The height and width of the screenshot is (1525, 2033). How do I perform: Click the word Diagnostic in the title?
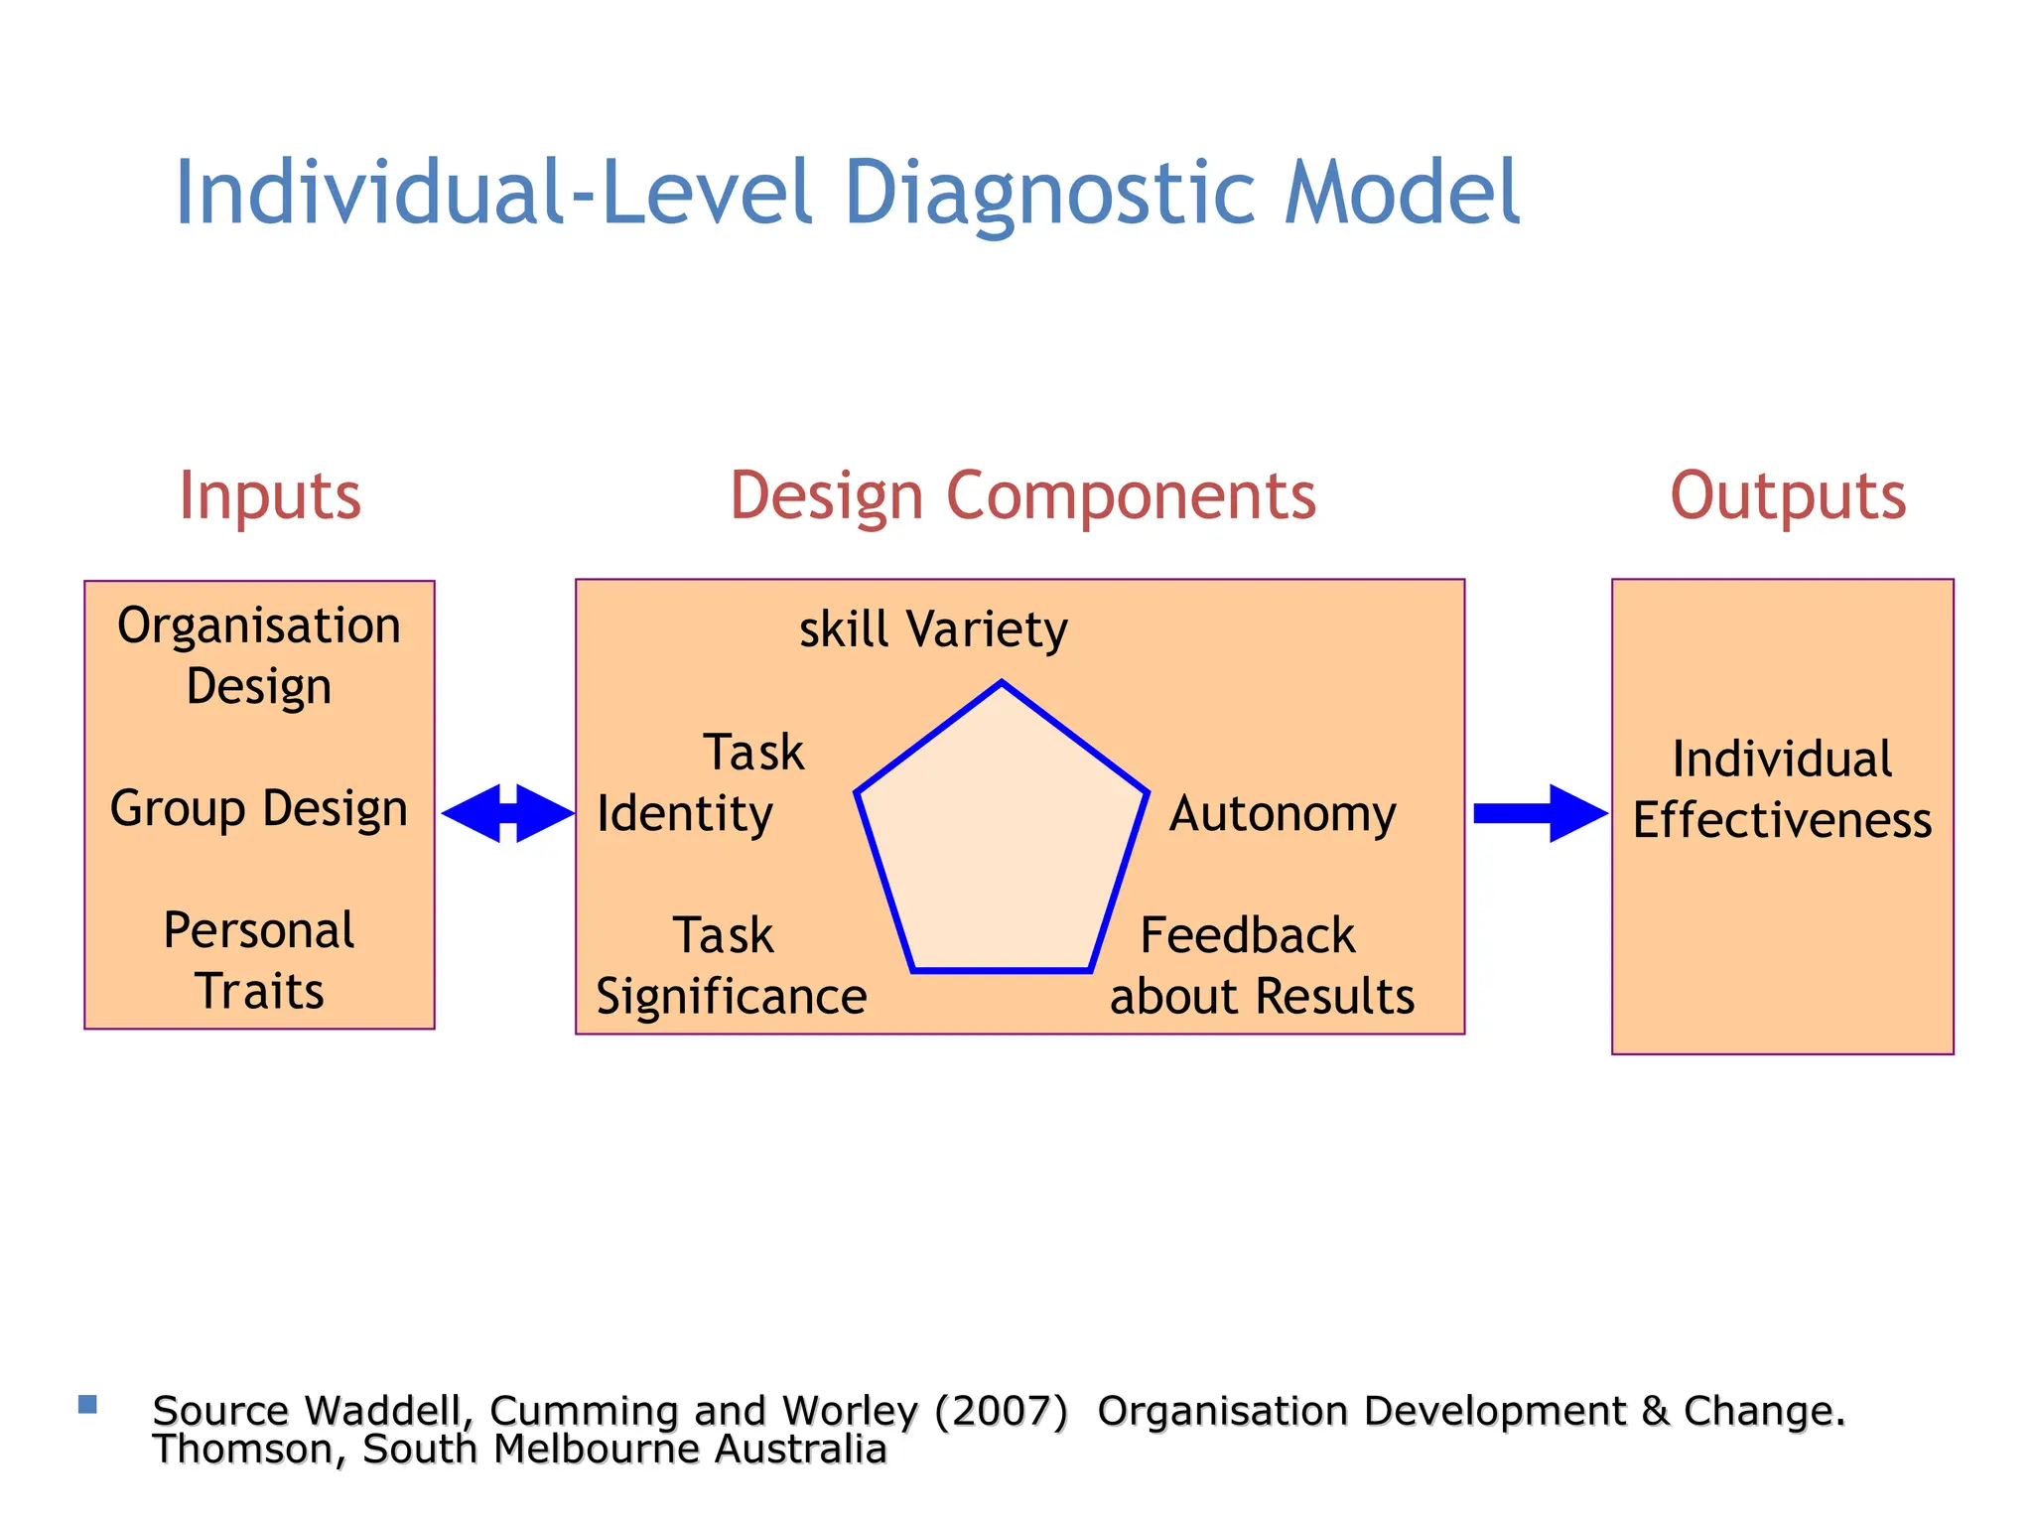click(x=1052, y=193)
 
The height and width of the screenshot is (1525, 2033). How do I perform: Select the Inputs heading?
click(x=270, y=495)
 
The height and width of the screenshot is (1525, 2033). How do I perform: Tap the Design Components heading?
click(x=1022, y=495)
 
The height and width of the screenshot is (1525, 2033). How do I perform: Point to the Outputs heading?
click(x=1788, y=495)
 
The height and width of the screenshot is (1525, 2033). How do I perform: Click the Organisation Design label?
click(x=259, y=655)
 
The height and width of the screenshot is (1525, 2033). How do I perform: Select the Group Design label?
click(x=259, y=808)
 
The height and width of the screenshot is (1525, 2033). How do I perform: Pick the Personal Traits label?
click(x=259, y=960)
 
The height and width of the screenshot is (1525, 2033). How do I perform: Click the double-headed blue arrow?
click(x=507, y=813)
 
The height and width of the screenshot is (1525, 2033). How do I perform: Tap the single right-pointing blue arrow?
click(x=1540, y=813)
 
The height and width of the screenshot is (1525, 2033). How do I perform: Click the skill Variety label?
click(x=933, y=629)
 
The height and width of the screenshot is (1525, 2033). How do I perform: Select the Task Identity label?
click(x=701, y=783)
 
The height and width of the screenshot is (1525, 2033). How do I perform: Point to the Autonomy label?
click(x=1283, y=814)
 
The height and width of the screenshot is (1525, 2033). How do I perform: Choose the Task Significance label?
click(x=731, y=966)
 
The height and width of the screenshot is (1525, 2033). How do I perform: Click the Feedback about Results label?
click(x=1261, y=966)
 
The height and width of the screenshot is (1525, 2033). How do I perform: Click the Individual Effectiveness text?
click(x=1782, y=789)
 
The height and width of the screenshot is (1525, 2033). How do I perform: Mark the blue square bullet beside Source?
click(x=87, y=1404)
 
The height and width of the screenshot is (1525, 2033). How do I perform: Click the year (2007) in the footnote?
click(x=1001, y=1411)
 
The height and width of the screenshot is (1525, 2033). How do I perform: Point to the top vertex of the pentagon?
click(x=1002, y=683)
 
